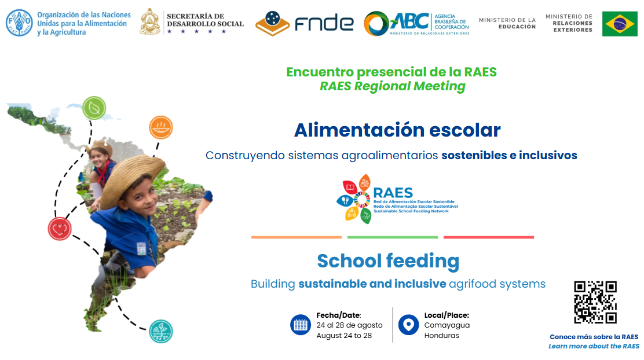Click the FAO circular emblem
(x=19, y=23)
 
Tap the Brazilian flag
(x=620, y=24)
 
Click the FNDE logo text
(x=324, y=23)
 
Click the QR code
(x=595, y=302)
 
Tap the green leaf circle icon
(x=94, y=108)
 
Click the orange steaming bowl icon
(x=161, y=128)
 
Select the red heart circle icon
(x=60, y=229)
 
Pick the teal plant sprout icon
(x=161, y=331)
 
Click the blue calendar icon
(x=301, y=325)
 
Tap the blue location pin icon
(x=409, y=325)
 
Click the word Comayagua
(x=447, y=325)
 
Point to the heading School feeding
(x=388, y=261)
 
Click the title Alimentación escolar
(x=397, y=130)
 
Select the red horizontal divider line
(x=489, y=237)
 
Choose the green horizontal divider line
(x=393, y=237)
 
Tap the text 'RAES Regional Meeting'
(x=393, y=86)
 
